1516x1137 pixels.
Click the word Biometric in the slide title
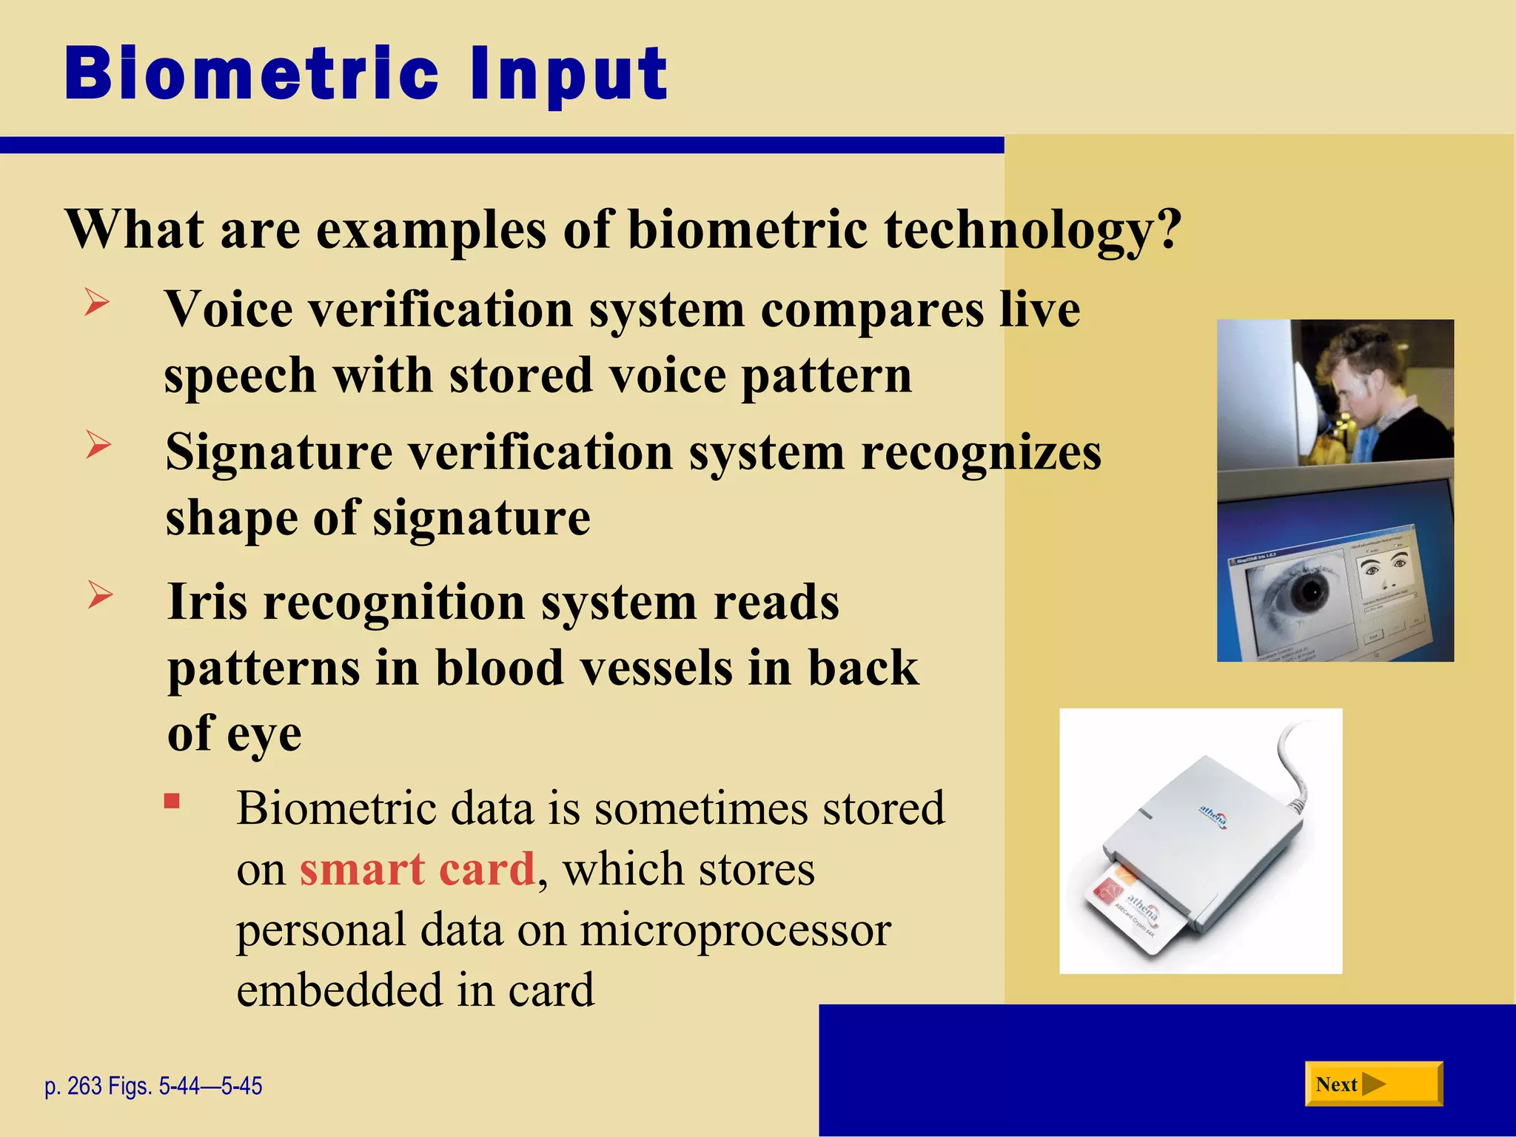click(x=252, y=74)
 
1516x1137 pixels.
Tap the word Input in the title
click(x=568, y=74)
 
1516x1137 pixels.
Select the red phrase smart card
click(x=417, y=869)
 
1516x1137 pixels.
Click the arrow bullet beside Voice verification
click(x=97, y=303)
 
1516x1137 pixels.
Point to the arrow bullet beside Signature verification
click(x=98, y=445)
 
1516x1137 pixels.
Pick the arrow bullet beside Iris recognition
click(x=100, y=594)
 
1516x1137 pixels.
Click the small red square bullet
click(x=172, y=802)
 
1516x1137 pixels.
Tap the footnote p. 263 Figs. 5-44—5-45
click(x=153, y=1086)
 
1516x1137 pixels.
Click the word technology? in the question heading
click(x=1032, y=229)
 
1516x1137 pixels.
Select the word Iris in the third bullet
click(x=207, y=602)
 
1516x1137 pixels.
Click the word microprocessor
click(x=735, y=930)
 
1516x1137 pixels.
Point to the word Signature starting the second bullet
click(x=279, y=452)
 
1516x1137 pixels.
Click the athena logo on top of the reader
click(x=1213, y=816)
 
